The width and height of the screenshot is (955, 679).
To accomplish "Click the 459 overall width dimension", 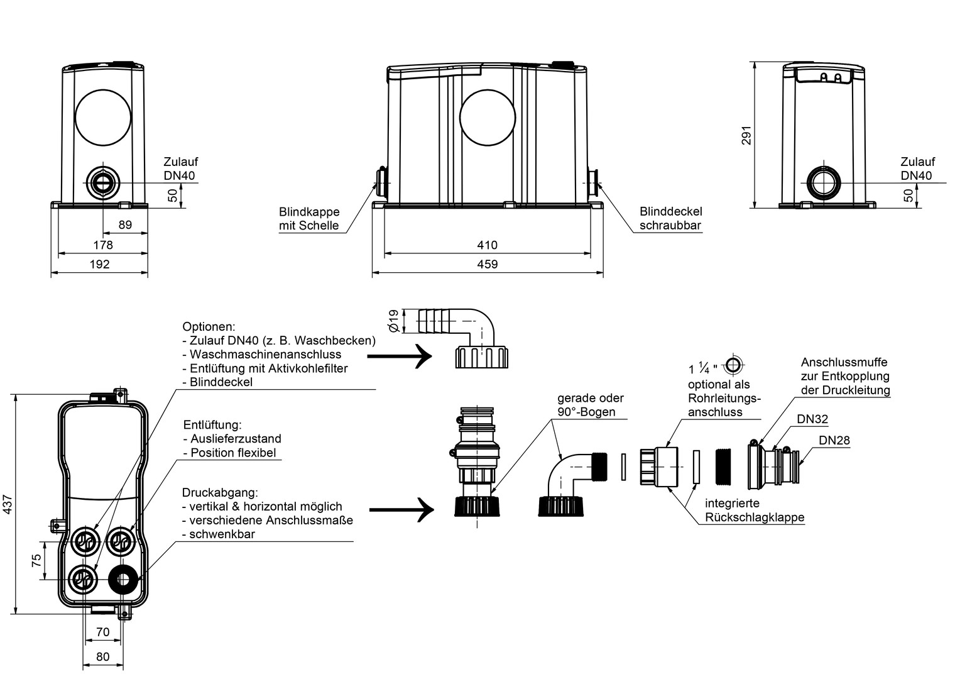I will pos(487,265).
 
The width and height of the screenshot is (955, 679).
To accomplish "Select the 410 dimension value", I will pos(487,245).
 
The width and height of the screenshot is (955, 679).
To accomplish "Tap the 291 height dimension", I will pos(746,135).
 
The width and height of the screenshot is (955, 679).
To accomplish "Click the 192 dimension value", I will pos(99,264).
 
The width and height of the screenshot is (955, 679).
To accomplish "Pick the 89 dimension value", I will pos(125,224).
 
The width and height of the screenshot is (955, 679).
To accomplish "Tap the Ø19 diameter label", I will pos(394,321).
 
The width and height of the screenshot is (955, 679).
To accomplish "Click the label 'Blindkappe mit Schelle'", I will pos(309,219).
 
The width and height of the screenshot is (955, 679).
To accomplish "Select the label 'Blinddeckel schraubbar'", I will pos(670,218).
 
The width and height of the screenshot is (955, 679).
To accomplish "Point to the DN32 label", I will pos(812,419).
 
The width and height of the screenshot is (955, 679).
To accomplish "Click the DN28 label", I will pos(834,440).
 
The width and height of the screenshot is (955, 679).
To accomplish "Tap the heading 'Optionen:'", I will pos(209,327).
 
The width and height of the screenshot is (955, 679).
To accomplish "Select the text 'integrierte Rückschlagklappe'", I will pos(755,511).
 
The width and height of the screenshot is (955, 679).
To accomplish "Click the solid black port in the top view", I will pos(123,579).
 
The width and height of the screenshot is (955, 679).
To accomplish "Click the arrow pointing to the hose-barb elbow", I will pos(399,356).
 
